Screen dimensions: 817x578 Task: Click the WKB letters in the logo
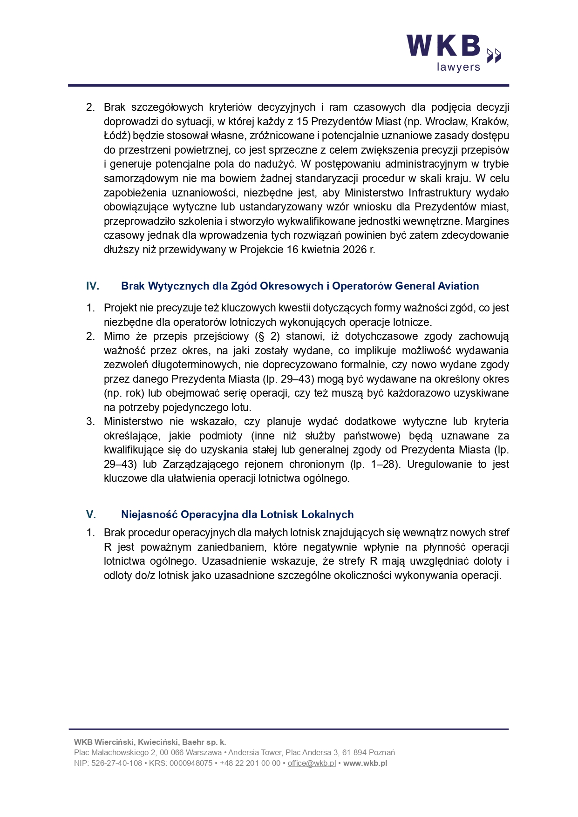443,46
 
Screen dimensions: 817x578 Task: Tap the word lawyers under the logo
458,67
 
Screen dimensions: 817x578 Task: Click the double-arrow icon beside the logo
494,55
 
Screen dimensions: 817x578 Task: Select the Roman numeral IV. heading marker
93,286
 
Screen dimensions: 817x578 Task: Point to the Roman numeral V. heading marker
91,514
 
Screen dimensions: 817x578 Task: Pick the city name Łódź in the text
117,136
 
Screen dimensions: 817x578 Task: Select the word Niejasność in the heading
149,514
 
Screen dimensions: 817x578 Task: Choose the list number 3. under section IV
90,421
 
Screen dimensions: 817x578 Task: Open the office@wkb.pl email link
312,763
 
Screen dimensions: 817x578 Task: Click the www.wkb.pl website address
365,763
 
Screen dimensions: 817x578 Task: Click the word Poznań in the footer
382,752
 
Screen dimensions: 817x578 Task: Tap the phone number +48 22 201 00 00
250,763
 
